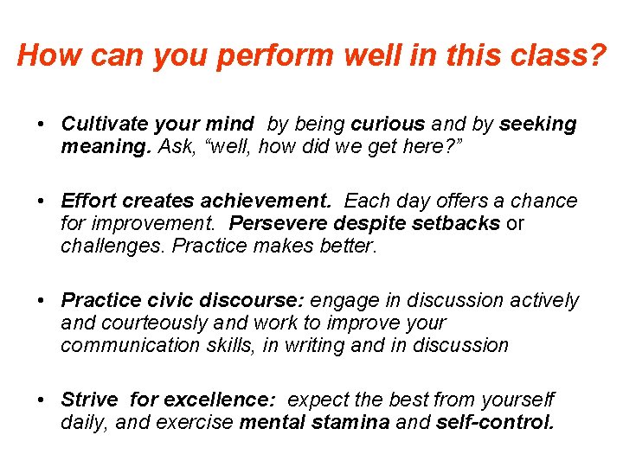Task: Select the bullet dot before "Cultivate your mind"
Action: pyautogui.click(x=42, y=125)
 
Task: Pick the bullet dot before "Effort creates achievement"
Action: pyautogui.click(x=42, y=202)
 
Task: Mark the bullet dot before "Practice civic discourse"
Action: pyautogui.click(x=42, y=301)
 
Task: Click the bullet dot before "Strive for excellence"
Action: pyautogui.click(x=42, y=400)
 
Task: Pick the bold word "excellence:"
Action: pyautogui.click(x=219, y=400)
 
